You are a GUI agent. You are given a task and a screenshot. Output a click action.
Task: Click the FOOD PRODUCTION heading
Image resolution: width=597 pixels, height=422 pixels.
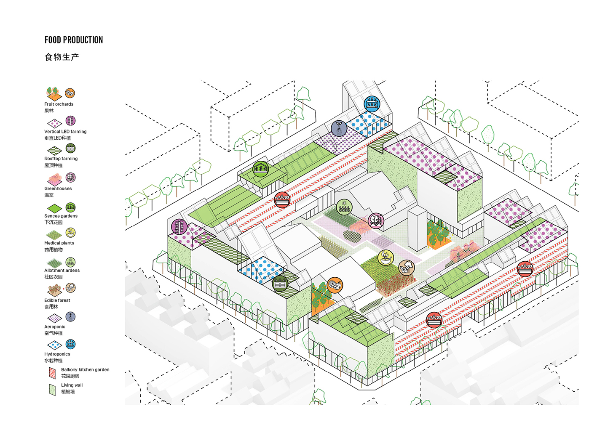pos(74,40)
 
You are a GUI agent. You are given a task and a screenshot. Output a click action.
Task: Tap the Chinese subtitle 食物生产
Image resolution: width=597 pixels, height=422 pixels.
pos(62,57)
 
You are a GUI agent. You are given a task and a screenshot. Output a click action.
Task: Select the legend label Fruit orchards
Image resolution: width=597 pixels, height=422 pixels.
pos(59,104)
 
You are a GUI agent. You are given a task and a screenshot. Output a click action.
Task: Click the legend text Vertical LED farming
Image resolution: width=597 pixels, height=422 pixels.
pos(65,131)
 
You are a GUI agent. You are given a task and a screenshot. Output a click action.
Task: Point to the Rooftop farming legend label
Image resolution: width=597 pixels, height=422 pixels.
pos(61,159)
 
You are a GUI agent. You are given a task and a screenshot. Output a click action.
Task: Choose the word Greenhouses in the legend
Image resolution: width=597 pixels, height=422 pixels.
pos(58,188)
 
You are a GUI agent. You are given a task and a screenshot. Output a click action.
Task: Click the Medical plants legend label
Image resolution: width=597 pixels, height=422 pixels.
pos(59,243)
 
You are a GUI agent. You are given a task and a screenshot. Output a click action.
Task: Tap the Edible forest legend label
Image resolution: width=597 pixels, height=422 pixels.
pos(57,300)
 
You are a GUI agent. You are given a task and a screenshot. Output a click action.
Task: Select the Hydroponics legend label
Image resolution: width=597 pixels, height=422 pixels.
pos(57,354)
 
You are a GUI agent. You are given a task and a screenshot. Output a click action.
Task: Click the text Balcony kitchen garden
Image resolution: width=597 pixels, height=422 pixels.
pos(85,369)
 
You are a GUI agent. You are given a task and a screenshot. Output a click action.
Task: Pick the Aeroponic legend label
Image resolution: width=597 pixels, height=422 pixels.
pos(55,326)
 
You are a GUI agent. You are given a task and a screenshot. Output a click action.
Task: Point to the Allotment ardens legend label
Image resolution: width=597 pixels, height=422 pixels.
pos(62,271)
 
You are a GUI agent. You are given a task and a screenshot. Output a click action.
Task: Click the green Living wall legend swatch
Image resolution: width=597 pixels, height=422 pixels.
pos(52,390)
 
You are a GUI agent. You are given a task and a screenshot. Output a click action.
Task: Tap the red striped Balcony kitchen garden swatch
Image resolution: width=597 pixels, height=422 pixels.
pos(52,373)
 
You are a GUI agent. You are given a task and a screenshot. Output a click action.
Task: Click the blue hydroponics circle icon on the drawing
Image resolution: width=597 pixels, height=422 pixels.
pos(372,104)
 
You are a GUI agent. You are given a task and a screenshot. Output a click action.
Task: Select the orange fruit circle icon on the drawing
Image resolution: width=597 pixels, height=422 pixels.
pos(335,285)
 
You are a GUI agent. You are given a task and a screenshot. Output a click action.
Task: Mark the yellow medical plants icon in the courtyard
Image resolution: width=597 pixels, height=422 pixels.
pos(386,257)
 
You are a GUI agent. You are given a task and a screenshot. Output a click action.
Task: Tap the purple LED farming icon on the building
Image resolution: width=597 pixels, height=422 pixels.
pos(179,227)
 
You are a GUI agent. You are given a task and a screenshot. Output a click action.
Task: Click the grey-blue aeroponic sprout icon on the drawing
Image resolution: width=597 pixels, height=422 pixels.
pos(339,128)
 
